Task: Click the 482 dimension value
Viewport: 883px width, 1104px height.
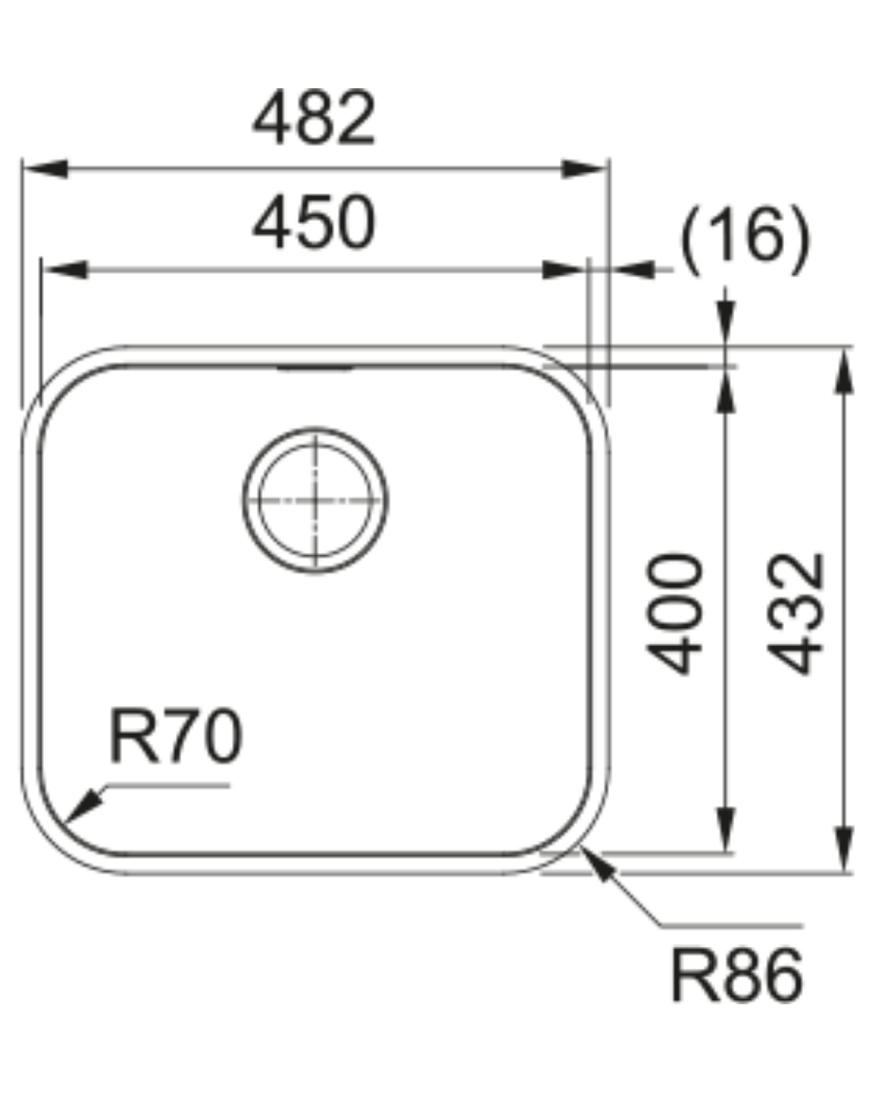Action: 314,119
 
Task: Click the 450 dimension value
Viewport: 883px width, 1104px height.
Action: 314,222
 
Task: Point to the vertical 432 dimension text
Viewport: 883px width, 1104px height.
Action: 796,613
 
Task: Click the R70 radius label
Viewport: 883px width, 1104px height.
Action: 176,737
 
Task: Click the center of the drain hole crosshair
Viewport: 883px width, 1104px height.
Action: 316,500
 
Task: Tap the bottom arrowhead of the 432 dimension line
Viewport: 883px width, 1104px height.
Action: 845,850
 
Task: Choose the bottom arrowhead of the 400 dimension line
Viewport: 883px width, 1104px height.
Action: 726,829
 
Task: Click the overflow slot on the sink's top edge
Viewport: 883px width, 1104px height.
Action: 316,369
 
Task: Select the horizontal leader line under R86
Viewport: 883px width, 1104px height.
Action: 732,927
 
